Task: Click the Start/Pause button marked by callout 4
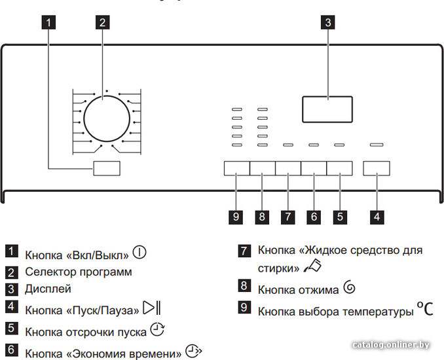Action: tap(377, 168)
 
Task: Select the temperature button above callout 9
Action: tap(236, 168)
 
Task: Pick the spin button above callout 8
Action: tap(263, 168)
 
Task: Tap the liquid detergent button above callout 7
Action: tap(288, 168)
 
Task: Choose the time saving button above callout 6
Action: tap(314, 168)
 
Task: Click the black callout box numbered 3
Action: tap(328, 22)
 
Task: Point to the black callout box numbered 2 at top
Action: tap(103, 22)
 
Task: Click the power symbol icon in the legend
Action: tap(139, 252)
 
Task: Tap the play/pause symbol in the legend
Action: tap(152, 308)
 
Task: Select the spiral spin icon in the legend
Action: tap(349, 287)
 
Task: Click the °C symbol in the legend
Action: tap(425, 308)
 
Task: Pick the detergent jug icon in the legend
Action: tap(312, 266)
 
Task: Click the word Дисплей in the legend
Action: tap(48, 289)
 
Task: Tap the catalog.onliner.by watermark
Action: tap(391, 345)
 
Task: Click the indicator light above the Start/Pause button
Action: tap(377, 145)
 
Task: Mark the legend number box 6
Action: tap(11, 350)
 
